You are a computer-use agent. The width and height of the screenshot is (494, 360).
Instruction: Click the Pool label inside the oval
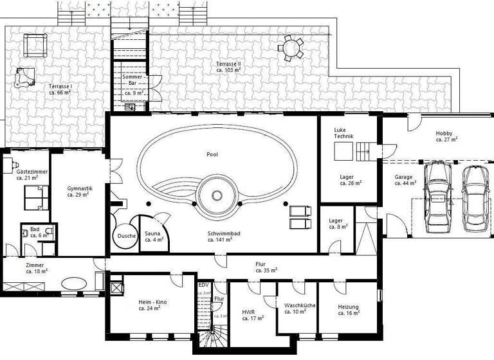pos(212,155)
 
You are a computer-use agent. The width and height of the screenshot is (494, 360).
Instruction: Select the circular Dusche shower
pos(126,236)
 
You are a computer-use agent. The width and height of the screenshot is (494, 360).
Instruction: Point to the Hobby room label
pos(446,136)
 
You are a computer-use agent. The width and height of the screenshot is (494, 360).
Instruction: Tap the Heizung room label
pos(348,310)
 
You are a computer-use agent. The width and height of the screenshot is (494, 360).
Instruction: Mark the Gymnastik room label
pos(80,191)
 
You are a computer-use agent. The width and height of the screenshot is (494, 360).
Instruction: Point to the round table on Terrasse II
pos(291,47)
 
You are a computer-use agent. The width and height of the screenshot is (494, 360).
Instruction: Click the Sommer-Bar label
pos(134,84)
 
